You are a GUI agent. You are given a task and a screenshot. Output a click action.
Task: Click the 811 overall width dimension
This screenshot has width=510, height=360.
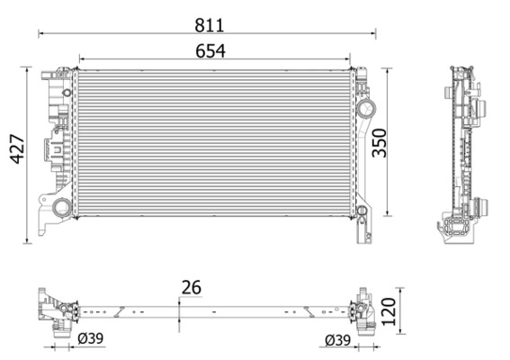click(208, 23)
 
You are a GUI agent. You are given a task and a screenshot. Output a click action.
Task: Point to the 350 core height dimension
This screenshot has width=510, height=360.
click(380, 142)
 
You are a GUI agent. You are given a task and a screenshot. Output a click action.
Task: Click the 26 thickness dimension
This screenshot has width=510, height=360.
click(190, 287)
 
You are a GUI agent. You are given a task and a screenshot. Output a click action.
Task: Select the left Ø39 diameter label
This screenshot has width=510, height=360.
click(90, 340)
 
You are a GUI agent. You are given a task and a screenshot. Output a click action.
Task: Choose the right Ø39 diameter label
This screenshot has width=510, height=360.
click(337, 340)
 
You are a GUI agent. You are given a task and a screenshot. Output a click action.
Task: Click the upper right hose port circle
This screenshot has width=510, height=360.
click(366, 110)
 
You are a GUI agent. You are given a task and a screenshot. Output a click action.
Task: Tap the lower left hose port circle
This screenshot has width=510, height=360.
click(61, 209)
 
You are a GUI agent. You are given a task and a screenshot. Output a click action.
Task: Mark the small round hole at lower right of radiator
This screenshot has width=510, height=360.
click(362, 211)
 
